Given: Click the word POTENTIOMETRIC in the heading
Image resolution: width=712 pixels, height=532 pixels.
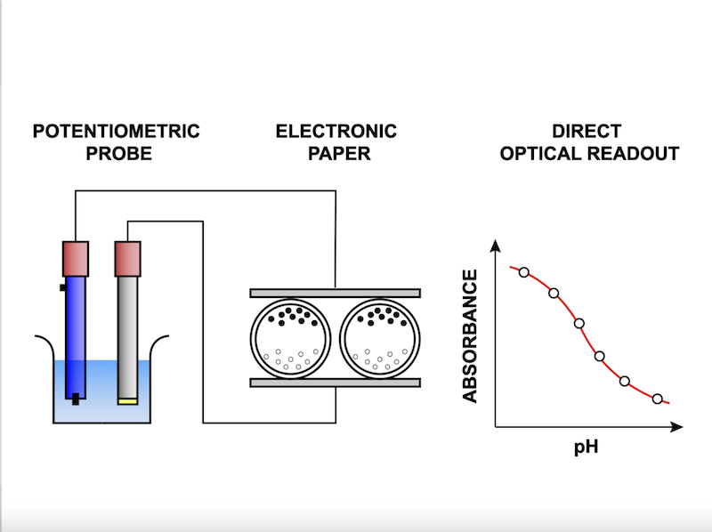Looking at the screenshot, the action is coord(117,131).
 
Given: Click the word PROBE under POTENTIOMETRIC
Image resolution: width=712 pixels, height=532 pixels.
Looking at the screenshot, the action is coord(119,153).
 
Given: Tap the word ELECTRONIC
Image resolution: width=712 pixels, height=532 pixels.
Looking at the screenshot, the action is coord(336,131).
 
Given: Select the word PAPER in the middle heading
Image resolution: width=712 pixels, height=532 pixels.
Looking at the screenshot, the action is coord(339,153).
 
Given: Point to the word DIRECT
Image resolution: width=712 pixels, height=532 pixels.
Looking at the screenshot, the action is coord(587,131).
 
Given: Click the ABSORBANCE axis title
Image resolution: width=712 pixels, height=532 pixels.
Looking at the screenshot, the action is coord(470,336).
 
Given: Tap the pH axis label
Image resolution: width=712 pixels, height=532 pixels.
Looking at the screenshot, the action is coord(587,447).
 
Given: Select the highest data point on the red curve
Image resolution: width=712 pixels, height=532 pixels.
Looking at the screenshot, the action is coord(524,272).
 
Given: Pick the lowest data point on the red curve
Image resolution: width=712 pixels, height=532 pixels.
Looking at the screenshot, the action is coord(657,399).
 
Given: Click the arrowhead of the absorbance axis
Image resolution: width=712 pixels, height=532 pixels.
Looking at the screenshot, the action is coord(496,246).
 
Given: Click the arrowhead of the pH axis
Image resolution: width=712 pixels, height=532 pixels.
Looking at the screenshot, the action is coord(676,427).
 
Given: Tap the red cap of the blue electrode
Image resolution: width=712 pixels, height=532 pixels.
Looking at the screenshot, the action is coord(76,259).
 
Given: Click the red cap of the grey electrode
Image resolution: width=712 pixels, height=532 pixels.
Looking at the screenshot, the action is coord(127,259).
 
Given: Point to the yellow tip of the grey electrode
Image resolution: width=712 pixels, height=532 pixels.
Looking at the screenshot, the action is coord(127,401).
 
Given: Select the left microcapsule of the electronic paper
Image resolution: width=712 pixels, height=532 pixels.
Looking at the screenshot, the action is coord(291,339).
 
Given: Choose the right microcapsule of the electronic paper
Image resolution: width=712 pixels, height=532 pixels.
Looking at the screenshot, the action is coord(380,339).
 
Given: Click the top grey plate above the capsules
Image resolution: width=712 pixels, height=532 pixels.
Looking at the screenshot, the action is coord(336,294).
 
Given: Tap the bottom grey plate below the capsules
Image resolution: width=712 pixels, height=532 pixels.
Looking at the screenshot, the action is coord(336,383).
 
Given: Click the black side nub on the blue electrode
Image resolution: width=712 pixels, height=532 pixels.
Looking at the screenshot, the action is coord(63,287).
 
